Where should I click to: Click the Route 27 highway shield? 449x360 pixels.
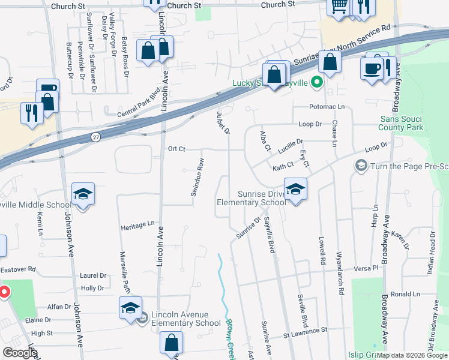(x=96, y=137)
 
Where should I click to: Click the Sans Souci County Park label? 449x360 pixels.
(x=402, y=123)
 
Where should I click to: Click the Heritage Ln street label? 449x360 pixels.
(x=137, y=225)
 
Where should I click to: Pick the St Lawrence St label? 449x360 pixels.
(x=306, y=330)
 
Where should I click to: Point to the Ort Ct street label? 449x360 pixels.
(x=176, y=149)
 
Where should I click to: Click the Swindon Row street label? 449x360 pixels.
(x=197, y=177)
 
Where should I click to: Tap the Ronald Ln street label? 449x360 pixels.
(x=405, y=294)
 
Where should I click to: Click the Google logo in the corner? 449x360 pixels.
(x=20, y=353)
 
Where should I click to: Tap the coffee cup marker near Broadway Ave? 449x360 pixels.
(x=372, y=67)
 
